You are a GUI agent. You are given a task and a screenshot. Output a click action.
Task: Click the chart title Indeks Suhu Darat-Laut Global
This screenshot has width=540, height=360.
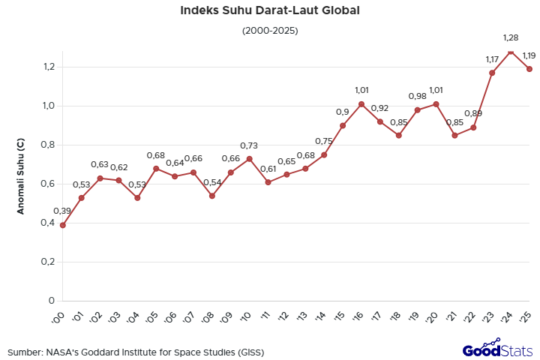coord(270,11)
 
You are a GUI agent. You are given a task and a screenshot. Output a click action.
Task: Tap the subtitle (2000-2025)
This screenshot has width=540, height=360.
coord(270,31)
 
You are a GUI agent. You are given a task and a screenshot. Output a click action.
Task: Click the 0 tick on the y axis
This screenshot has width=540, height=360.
coord(52,301)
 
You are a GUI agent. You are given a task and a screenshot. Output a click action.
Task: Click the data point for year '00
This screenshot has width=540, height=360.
coord(63,225)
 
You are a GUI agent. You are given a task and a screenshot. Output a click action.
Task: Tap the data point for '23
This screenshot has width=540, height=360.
coord(492,73)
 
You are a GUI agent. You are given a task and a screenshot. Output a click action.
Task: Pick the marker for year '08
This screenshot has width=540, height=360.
coord(212,196)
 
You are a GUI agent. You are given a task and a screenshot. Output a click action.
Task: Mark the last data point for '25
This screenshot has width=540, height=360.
coord(529,69)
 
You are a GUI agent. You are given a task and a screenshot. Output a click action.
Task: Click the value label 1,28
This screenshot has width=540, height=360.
coord(511,37)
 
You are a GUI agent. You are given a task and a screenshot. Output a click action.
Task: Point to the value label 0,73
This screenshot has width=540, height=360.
coord(249,145)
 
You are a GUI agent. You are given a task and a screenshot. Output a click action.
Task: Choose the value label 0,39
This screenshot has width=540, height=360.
coord(63,211)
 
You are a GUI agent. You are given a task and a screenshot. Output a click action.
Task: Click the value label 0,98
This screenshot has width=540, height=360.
coord(417,96)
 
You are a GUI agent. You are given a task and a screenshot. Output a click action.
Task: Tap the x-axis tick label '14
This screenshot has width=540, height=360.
coord(322,317)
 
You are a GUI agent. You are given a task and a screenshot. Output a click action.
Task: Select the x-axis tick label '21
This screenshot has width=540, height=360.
coord(453,317)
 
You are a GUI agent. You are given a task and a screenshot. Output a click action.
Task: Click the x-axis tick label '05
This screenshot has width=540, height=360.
coord(154,317)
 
